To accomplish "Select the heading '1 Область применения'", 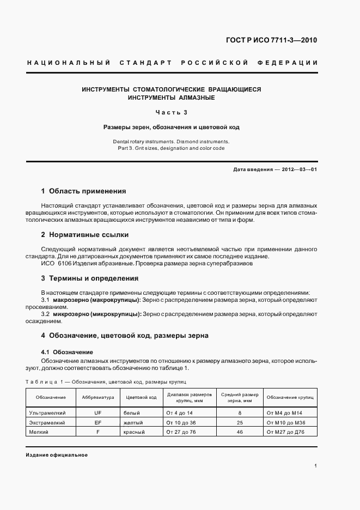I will (83, 191).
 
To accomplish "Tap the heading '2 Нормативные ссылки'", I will (84, 235).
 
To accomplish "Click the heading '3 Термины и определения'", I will (89, 278).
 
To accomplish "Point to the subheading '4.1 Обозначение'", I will (67, 352).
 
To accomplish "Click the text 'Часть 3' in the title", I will (172, 113).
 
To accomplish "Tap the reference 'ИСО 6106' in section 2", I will (54, 264).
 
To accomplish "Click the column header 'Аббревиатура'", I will (98, 397).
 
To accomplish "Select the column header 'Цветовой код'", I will (141, 397).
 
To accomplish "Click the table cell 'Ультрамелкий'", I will (47, 414).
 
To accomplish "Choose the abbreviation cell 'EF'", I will (98, 422).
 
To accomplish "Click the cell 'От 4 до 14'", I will (180, 414).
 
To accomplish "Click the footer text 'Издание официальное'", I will (57, 454).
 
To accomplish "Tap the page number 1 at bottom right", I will (316, 466).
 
